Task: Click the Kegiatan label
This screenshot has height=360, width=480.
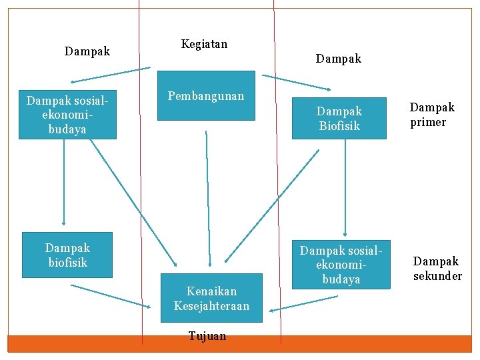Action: pyautogui.click(x=204, y=44)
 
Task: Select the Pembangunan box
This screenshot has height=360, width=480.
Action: pyautogui.click(x=206, y=95)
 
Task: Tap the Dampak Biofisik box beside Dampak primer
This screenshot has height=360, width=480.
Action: pyautogui.click(x=339, y=118)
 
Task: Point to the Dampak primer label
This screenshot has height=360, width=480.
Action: pyautogui.click(x=432, y=115)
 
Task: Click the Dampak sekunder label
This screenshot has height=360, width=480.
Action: pyautogui.click(x=437, y=268)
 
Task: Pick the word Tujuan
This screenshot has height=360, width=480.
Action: pyautogui.click(x=207, y=336)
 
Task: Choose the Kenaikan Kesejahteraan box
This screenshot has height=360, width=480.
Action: pyautogui.click(x=211, y=298)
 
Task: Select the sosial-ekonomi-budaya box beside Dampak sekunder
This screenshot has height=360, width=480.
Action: pyautogui.click(x=341, y=264)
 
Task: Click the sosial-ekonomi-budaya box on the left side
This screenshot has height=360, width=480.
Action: pyautogui.click(x=67, y=115)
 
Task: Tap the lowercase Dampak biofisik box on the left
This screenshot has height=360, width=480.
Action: pyautogui.click(x=67, y=255)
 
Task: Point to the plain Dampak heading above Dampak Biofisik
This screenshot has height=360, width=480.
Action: pyautogui.click(x=339, y=59)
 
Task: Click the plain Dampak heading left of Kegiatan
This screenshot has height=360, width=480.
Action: pyautogui.click(x=87, y=51)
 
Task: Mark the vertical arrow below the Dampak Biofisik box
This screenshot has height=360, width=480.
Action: pyautogui.click(x=345, y=187)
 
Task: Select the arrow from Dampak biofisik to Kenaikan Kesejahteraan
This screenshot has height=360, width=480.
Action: pyautogui.click(x=111, y=296)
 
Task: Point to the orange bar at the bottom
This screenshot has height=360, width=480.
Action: pyautogui.click(x=240, y=343)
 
